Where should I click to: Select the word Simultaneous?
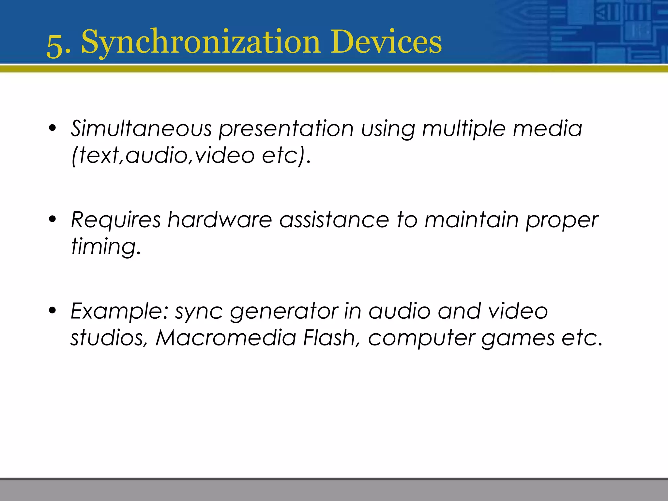pos(141,128)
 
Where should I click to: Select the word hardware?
pos(220,220)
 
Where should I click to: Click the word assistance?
pos(334,220)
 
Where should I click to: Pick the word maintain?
pos(471,220)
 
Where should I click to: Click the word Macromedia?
pos(226,338)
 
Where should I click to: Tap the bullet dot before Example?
pos(52,311)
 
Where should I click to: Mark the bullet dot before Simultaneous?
pos(52,128)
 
